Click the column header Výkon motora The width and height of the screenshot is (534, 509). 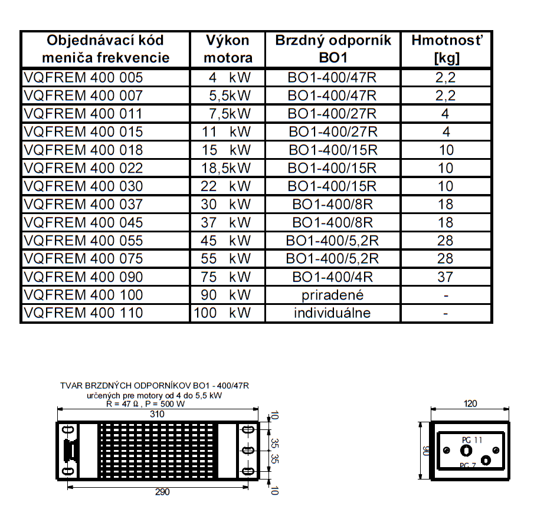point(228,49)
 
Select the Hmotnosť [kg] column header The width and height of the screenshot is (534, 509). point(446,49)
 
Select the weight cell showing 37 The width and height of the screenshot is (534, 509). point(445,277)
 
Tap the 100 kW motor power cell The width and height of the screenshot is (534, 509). point(222,313)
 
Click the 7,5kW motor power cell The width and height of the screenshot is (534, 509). point(230,113)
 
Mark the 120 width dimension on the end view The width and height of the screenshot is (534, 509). point(470,404)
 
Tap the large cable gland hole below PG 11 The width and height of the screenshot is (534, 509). point(466,451)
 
